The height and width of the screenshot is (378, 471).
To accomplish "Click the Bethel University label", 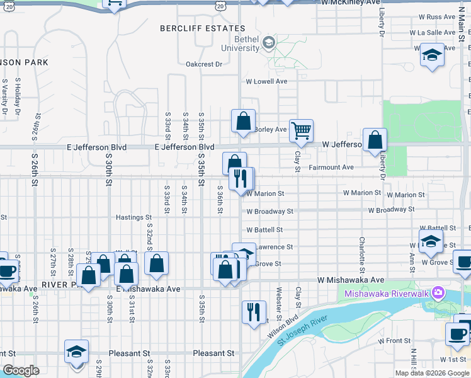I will (240, 43).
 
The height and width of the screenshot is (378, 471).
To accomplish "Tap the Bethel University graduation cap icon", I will (269, 43).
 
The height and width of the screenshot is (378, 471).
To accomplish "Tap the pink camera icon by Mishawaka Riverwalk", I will (438, 293).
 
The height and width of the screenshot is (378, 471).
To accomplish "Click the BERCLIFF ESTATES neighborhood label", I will (202, 28).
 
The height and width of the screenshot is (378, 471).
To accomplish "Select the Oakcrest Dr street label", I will (204, 64).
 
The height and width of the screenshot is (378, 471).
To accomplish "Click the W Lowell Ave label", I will (266, 81).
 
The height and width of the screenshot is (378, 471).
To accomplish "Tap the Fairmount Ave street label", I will (331, 168).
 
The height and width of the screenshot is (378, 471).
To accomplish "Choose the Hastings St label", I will (134, 217).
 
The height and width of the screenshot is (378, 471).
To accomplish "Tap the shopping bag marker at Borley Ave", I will (243, 121).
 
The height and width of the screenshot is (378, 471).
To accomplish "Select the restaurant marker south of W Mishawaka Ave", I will (254, 312).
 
